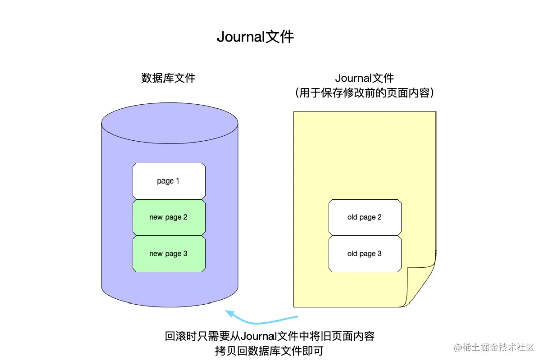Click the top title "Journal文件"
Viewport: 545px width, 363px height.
tap(255, 37)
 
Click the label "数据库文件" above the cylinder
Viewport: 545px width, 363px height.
tap(168, 78)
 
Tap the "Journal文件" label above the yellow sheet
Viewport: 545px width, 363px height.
tap(364, 78)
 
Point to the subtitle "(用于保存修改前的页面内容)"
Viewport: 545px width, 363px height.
tap(364, 93)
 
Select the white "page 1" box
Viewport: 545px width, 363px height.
tap(169, 180)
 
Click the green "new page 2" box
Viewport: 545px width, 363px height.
tap(169, 217)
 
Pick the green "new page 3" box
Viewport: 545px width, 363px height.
tap(169, 254)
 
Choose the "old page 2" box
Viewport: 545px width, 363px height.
tap(364, 217)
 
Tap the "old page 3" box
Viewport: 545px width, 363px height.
tap(364, 254)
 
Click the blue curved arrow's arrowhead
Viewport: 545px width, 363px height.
tap(230, 313)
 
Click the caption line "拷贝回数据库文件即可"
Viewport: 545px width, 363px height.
tap(269, 351)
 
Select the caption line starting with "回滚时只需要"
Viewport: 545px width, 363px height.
tap(269, 336)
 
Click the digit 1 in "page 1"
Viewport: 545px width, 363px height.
tap(177, 180)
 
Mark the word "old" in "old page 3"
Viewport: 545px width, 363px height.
tap(352, 254)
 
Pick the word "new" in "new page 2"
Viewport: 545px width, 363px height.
tap(156, 217)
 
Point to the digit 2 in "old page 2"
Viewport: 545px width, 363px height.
tap(379, 217)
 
